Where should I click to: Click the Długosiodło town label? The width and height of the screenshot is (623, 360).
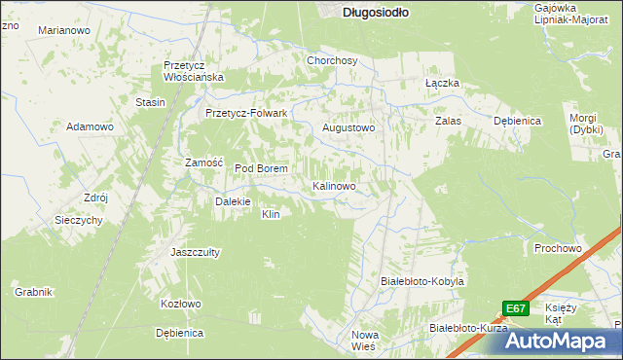coord(376,13)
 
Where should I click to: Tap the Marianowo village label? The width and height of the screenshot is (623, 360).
coord(63,31)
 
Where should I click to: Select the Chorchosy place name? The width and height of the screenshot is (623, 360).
coord(332,60)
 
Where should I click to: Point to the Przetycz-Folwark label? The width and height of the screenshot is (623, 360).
coord(246,113)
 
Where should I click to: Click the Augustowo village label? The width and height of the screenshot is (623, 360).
coord(348,127)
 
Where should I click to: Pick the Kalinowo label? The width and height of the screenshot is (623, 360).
coord(340,185)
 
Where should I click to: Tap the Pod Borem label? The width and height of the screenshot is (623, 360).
coord(261,168)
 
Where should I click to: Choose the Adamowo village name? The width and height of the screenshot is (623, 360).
coord(91,127)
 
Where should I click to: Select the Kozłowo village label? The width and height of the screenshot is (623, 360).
coord(180,304)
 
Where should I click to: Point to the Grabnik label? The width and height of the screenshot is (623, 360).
coord(33,291)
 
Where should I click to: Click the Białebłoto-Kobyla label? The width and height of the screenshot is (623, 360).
coord(421,280)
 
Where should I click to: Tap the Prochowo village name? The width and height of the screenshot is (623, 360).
coord(558,248)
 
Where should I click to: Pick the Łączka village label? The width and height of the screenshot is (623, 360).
coord(442,84)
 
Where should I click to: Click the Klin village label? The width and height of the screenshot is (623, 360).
coord(271,214)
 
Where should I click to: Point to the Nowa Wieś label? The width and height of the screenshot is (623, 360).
coord(363,341)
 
